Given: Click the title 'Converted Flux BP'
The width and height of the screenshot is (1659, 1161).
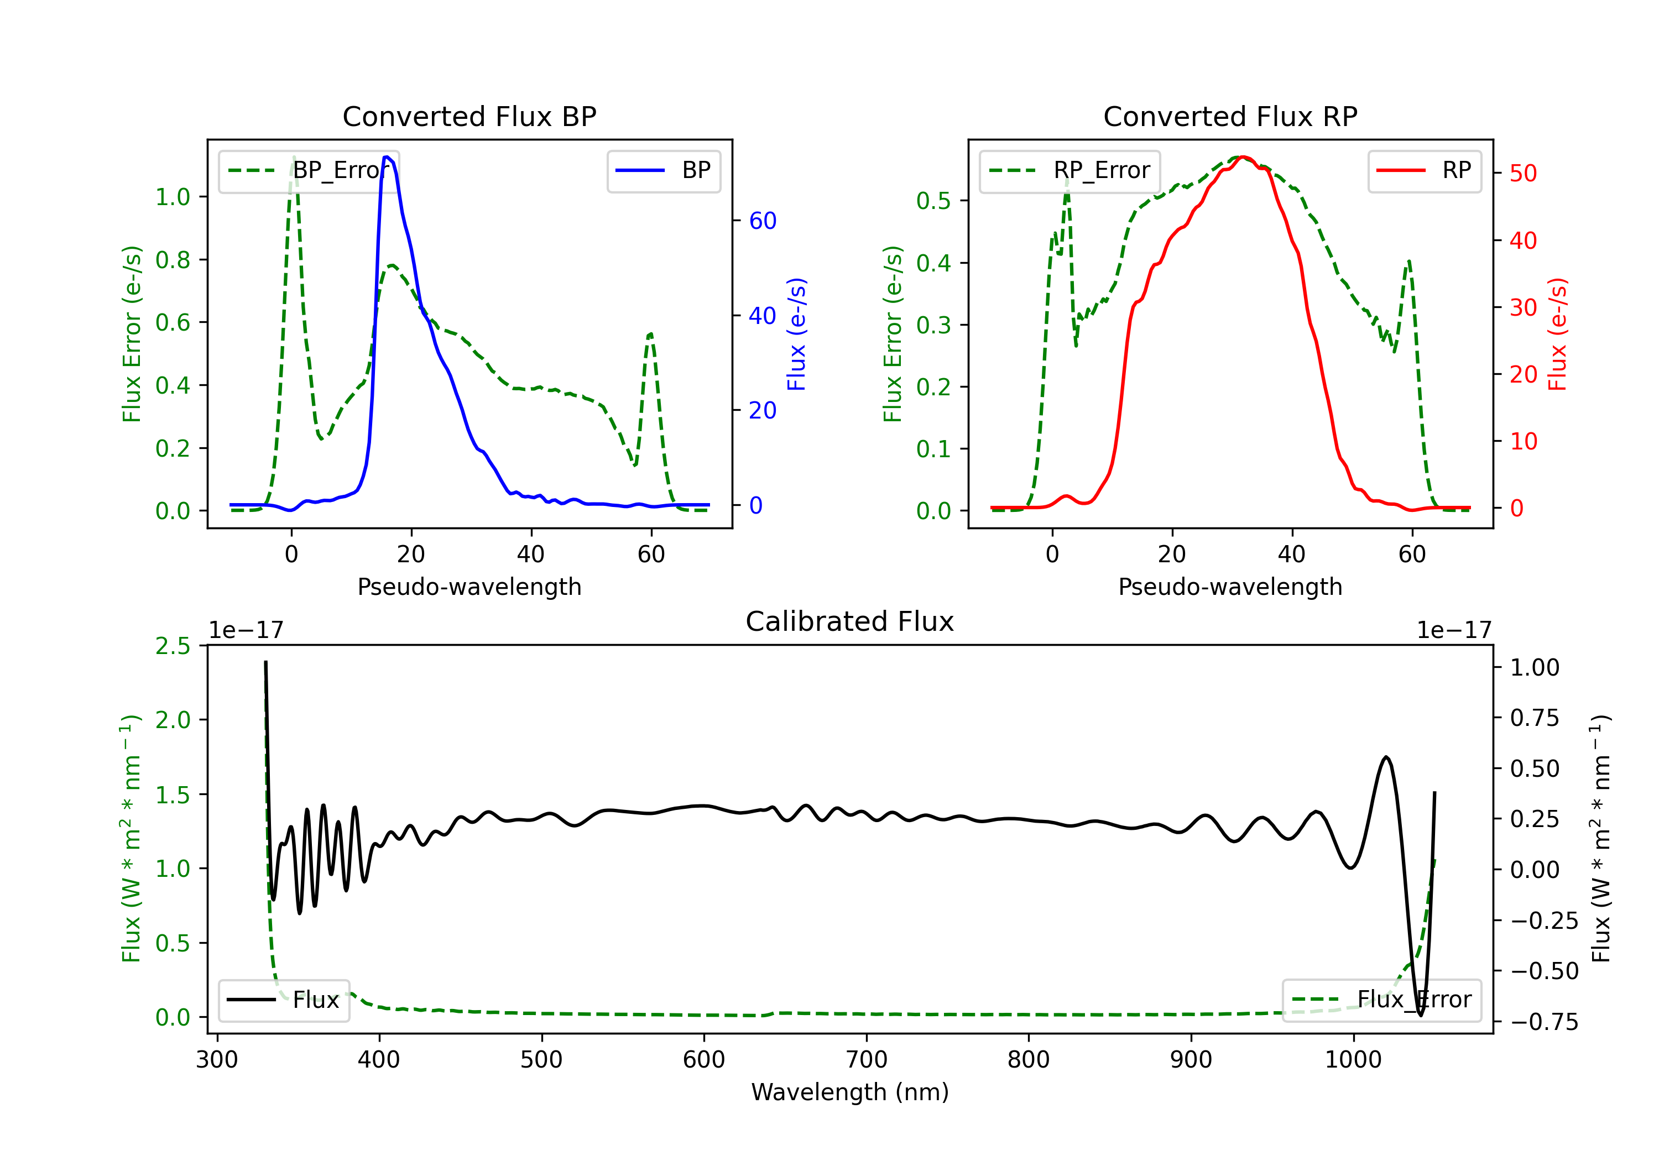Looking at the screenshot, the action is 469,116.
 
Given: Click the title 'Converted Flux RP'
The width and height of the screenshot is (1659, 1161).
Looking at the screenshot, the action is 1230,116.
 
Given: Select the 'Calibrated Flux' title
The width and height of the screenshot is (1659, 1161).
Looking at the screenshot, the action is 850,621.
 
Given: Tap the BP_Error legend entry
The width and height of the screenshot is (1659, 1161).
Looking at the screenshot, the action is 309,170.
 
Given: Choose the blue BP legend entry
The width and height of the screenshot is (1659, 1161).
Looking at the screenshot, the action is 663,170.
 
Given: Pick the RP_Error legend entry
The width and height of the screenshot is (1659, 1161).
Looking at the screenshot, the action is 1070,170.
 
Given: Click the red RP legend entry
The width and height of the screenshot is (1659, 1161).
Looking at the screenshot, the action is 1424,170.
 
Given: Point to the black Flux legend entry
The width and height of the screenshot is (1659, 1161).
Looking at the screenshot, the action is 283,1000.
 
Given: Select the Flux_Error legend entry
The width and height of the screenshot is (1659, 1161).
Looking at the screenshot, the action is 1381,1000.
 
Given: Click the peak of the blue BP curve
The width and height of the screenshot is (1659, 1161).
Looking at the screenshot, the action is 387,157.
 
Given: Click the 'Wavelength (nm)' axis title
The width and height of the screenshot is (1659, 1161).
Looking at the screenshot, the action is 850,1092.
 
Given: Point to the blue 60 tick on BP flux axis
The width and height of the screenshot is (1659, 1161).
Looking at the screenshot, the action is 762,221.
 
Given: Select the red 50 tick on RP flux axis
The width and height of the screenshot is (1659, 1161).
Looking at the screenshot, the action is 1523,174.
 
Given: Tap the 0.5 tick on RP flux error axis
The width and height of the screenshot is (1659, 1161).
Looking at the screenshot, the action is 933,200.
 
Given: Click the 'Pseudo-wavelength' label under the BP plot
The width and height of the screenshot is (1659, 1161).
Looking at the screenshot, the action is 469,587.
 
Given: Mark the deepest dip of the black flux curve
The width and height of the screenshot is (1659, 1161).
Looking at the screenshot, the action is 1421,1015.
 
